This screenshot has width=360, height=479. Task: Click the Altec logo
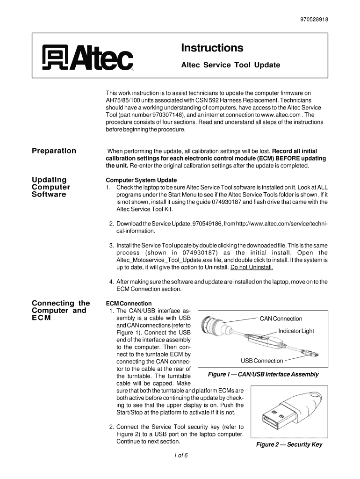(88, 58)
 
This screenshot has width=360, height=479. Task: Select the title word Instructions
(212, 48)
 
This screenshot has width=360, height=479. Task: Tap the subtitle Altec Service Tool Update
(230, 65)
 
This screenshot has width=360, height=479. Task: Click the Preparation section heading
(54, 151)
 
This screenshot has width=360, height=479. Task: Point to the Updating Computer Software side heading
(51, 187)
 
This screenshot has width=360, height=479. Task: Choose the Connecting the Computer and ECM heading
(61, 311)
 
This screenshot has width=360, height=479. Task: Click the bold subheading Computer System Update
(141, 180)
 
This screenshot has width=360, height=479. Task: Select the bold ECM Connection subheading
(129, 304)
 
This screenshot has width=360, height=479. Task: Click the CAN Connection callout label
(281, 319)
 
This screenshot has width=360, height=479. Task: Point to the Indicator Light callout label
(296, 331)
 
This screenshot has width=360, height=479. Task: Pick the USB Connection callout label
(262, 361)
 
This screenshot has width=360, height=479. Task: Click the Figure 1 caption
(263, 374)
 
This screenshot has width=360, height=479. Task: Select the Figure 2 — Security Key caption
(289, 444)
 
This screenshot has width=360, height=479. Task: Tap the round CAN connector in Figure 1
(212, 323)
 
